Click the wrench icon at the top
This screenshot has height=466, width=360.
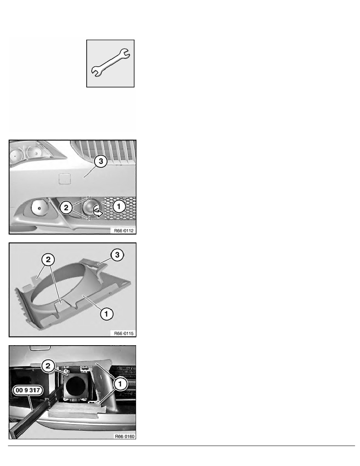click(110, 63)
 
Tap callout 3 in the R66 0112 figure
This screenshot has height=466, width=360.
click(101, 161)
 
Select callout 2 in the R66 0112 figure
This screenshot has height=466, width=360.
click(66, 208)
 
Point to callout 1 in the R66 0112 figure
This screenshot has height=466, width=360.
click(119, 206)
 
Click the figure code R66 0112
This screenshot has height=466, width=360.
click(124, 231)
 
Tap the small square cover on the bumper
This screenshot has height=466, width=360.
click(64, 179)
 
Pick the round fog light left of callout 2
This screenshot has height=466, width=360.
click(39, 208)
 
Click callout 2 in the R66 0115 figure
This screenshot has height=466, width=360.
click(48, 259)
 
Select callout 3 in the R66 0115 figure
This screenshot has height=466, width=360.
click(117, 255)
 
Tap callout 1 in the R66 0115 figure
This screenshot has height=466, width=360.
click(106, 313)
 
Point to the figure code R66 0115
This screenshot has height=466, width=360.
click(124, 333)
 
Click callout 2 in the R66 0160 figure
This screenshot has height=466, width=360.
click(48, 366)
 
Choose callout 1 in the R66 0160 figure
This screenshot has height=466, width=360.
click(120, 384)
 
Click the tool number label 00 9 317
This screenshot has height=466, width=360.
click(27, 390)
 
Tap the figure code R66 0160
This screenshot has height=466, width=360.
click(125, 436)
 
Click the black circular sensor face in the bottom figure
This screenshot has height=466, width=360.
click(76, 386)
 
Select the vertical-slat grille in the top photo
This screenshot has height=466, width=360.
click(104, 152)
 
